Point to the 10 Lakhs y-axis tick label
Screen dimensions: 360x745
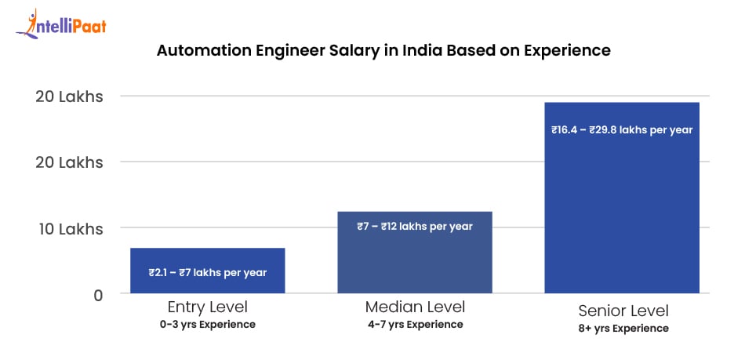69,230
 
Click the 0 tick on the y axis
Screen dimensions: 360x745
97,296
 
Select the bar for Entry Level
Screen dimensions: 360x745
207,271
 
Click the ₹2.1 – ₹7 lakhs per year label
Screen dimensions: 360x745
207,273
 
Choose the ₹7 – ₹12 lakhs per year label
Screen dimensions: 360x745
415,227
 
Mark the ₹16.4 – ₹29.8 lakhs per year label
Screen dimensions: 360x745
622,130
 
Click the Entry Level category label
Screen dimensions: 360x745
207,307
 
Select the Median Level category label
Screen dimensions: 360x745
415,307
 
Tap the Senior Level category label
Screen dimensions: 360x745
622,310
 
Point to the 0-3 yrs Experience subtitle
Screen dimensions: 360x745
207,325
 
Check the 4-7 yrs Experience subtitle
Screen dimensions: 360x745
415,325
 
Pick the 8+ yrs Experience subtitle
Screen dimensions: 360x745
622,329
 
